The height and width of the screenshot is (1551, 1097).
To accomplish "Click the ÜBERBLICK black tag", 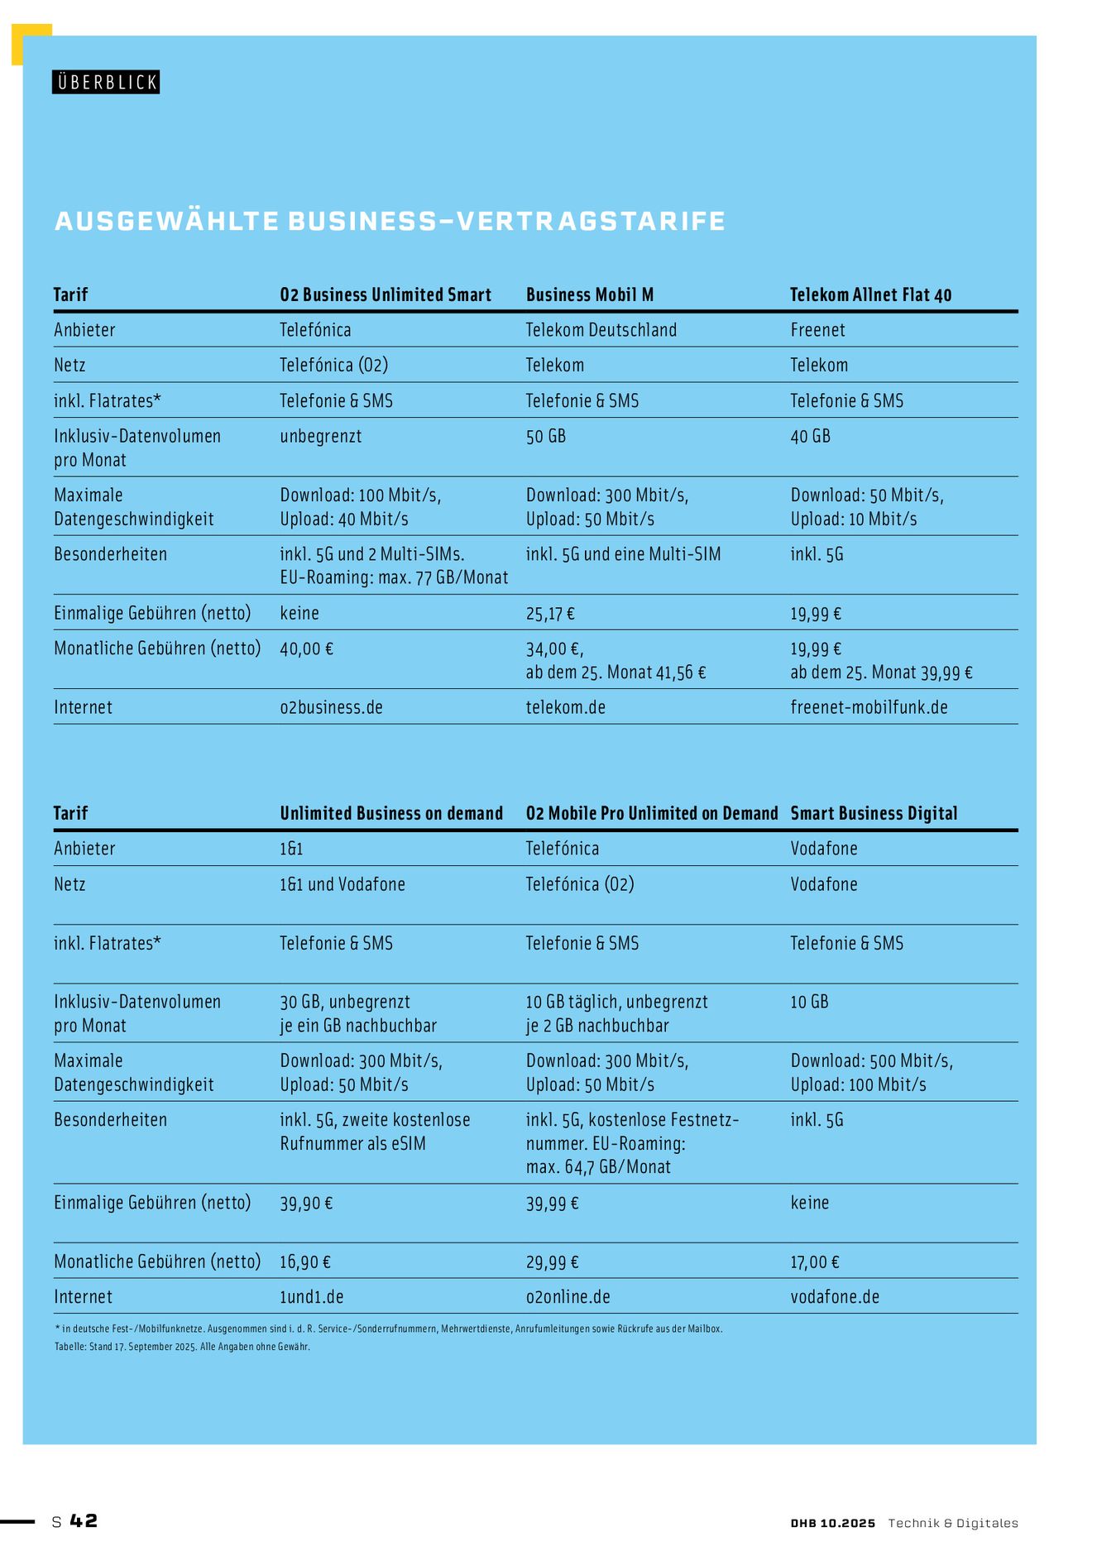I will point(106,82).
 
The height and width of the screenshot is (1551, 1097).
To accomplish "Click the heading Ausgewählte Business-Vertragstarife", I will point(390,221).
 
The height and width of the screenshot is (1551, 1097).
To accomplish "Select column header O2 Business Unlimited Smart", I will point(386,295).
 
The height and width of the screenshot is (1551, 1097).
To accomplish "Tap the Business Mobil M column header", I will point(590,295).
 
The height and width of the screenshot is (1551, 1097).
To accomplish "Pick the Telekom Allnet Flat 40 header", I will point(870,295).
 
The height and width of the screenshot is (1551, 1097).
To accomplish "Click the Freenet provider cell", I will point(817,330).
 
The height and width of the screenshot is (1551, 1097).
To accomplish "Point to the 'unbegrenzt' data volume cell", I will point(321,436).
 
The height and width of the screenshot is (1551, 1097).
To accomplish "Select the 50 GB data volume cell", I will point(546,436).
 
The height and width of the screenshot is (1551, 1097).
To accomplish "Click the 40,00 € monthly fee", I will point(306,649).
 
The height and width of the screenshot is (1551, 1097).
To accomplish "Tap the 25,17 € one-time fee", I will point(550,614).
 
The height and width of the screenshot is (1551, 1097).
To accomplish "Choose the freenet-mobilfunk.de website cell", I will point(869,707).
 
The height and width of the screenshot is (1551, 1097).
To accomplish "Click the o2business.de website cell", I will point(331,707).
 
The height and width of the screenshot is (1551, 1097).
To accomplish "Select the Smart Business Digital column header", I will point(874,813).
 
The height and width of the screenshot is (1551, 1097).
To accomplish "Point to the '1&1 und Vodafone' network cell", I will point(343,884).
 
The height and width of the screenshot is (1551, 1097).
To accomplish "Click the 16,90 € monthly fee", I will point(305,1261).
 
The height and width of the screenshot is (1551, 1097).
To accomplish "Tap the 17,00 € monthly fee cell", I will point(814,1261).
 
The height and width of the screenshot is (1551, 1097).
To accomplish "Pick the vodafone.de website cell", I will point(835,1297).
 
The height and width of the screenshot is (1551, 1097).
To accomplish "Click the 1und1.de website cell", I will point(311,1297).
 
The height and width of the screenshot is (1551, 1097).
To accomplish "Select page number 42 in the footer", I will point(84,1520).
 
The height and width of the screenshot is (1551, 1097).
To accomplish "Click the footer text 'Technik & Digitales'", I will point(953,1523).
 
